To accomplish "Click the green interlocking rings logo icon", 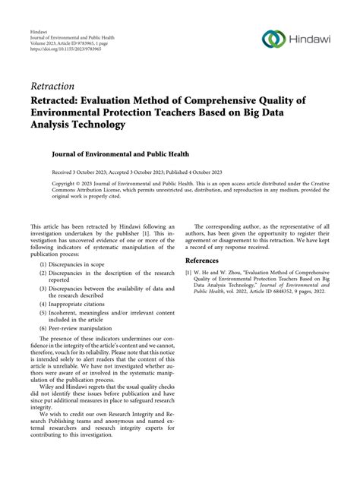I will [273, 38].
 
